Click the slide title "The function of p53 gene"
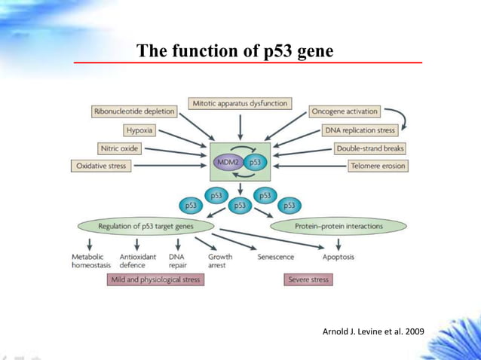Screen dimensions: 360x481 (x=234, y=52)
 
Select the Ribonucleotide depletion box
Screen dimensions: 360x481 (x=133, y=111)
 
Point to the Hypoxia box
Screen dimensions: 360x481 (x=139, y=130)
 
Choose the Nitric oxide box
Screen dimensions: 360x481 (x=119, y=148)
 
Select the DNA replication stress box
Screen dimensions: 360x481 (x=360, y=130)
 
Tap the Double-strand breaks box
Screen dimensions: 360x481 (x=370, y=148)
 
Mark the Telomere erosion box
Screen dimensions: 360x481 (x=377, y=166)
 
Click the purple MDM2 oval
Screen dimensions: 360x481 (x=228, y=162)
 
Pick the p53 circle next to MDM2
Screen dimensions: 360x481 (x=256, y=162)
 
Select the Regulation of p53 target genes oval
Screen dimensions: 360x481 (x=142, y=226)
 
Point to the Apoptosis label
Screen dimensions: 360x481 (x=338, y=257)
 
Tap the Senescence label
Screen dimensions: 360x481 (x=275, y=257)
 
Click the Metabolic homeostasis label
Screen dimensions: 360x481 (x=89, y=261)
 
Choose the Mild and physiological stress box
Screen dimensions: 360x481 (x=154, y=279)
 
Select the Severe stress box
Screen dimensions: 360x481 (x=308, y=279)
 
